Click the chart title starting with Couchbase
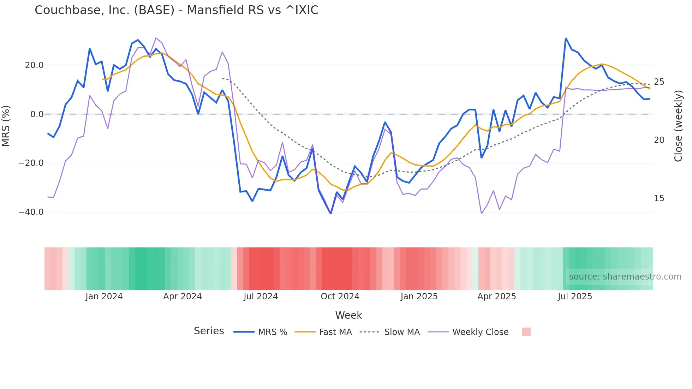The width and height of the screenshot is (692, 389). [177, 10]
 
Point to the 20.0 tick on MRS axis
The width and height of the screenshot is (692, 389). [34, 65]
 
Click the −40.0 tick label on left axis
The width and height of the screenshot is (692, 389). [31, 212]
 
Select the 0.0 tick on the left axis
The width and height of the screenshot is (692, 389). [37, 114]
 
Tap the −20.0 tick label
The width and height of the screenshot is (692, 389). [31, 163]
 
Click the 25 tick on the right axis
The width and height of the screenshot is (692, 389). [659, 82]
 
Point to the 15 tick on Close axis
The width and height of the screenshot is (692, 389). [659, 198]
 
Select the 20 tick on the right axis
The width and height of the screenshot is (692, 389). [659, 140]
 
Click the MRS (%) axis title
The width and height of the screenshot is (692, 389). [6, 126]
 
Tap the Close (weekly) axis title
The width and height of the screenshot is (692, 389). [678, 126]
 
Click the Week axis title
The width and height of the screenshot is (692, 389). [348, 315]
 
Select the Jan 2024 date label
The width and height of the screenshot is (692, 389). [104, 297]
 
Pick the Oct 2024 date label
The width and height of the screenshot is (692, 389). [340, 297]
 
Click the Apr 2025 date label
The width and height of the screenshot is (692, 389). [496, 297]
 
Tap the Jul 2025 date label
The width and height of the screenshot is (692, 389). [575, 297]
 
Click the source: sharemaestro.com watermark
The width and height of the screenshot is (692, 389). [625, 277]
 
